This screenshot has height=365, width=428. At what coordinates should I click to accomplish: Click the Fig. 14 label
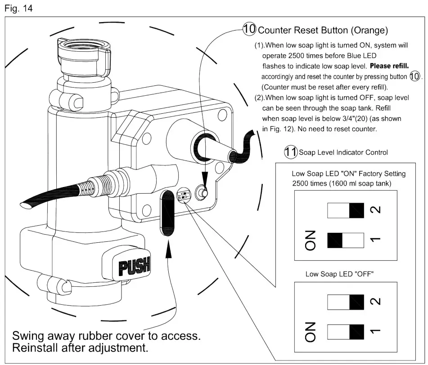pyautogui.click(x=18, y=8)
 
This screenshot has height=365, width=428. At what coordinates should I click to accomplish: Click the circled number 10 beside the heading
pyautogui.click(x=249, y=30)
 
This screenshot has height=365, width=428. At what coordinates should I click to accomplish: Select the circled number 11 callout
pyautogui.click(x=290, y=152)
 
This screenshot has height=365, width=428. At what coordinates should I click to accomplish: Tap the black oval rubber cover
pyautogui.click(x=168, y=212)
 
